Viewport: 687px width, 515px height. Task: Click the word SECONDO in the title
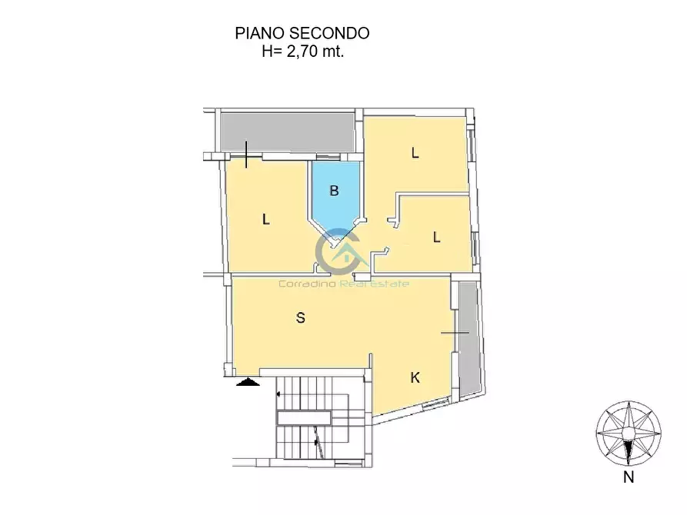329,33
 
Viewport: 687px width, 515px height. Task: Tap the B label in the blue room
334,191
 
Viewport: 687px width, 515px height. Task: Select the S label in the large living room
301,317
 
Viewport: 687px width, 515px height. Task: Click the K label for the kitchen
415,378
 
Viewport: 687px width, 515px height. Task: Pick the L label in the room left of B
265,220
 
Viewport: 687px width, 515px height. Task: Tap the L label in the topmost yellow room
415,153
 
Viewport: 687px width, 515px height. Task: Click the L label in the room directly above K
436,238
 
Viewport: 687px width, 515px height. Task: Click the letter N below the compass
629,477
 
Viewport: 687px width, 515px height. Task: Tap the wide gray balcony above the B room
287,131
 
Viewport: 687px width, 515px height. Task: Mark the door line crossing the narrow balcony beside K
455,332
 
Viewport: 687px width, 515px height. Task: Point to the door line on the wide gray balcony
245,154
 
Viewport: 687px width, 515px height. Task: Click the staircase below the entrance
318,423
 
